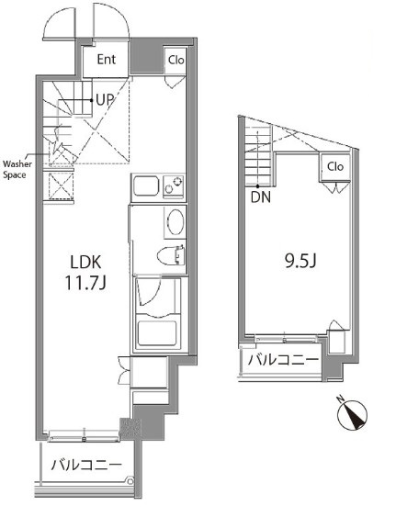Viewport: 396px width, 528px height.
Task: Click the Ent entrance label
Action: [107, 60]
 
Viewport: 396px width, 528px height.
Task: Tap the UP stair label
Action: [105, 100]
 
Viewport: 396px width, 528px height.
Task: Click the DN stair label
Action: [261, 197]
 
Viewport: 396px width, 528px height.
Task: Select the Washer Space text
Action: [17, 169]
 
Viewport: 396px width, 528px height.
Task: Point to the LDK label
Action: [85, 263]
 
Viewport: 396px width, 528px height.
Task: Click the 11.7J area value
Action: [85, 283]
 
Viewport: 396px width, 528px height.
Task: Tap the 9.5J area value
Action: [300, 262]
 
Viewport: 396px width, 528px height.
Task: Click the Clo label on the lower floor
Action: [176, 61]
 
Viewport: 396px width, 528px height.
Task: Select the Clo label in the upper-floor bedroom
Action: [335, 166]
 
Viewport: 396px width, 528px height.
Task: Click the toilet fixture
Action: [171, 256]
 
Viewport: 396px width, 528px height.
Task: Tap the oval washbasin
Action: [175, 222]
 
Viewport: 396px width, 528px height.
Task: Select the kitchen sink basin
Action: [146, 186]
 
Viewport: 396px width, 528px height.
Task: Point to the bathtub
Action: [157, 333]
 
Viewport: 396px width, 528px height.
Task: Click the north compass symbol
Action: [353, 415]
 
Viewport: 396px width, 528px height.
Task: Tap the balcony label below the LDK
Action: [86, 465]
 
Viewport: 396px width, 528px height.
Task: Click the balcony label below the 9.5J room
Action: [283, 360]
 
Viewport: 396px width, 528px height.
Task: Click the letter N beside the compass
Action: [341, 399]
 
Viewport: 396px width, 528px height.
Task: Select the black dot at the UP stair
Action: [91, 100]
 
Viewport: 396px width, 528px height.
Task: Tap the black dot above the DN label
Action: [258, 186]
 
